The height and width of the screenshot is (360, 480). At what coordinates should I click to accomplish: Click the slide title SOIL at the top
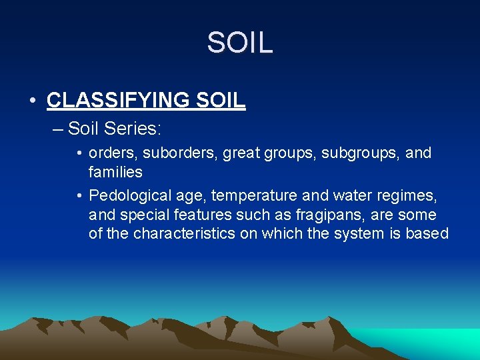[239, 43]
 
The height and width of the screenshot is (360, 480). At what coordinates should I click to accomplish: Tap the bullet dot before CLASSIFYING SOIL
[33, 101]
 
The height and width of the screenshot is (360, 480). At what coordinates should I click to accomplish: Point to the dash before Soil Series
[57, 127]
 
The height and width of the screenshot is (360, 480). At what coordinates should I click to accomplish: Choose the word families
[115, 172]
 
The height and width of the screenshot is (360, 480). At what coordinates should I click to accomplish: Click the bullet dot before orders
[79, 153]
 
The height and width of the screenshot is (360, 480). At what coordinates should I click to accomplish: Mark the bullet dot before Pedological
[79, 195]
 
